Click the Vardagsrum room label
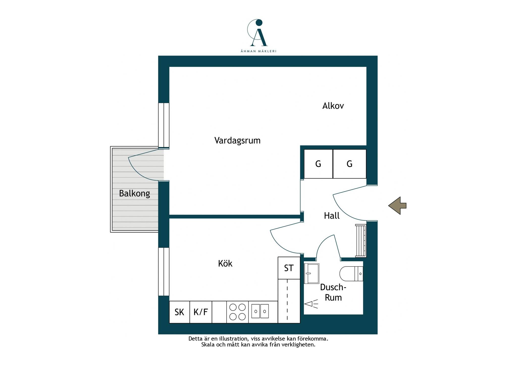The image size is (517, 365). [x=237, y=140]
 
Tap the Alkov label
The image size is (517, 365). [x=333, y=106]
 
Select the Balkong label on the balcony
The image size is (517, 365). [x=135, y=194]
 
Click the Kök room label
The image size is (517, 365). [x=225, y=263]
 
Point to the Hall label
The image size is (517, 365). [x=332, y=216]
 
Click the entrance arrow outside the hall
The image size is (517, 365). [x=397, y=206]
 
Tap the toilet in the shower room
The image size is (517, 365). [x=351, y=274]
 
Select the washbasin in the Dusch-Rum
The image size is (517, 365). [x=312, y=273]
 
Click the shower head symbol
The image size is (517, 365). [x=311, y=304]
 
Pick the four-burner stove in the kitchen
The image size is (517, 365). [x=238, y=312]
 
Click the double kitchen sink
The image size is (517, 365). [x=260, y=311]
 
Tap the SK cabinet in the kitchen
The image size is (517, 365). [x=179, y=312]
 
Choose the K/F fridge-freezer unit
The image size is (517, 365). [x=201, y=312]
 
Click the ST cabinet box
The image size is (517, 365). [x=289, y=268]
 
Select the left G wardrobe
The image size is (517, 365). [x=318, y=164]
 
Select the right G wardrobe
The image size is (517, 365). [x=350, y=164]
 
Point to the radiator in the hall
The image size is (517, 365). [x=361, y=241]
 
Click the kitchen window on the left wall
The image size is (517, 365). [x=164, y=271]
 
